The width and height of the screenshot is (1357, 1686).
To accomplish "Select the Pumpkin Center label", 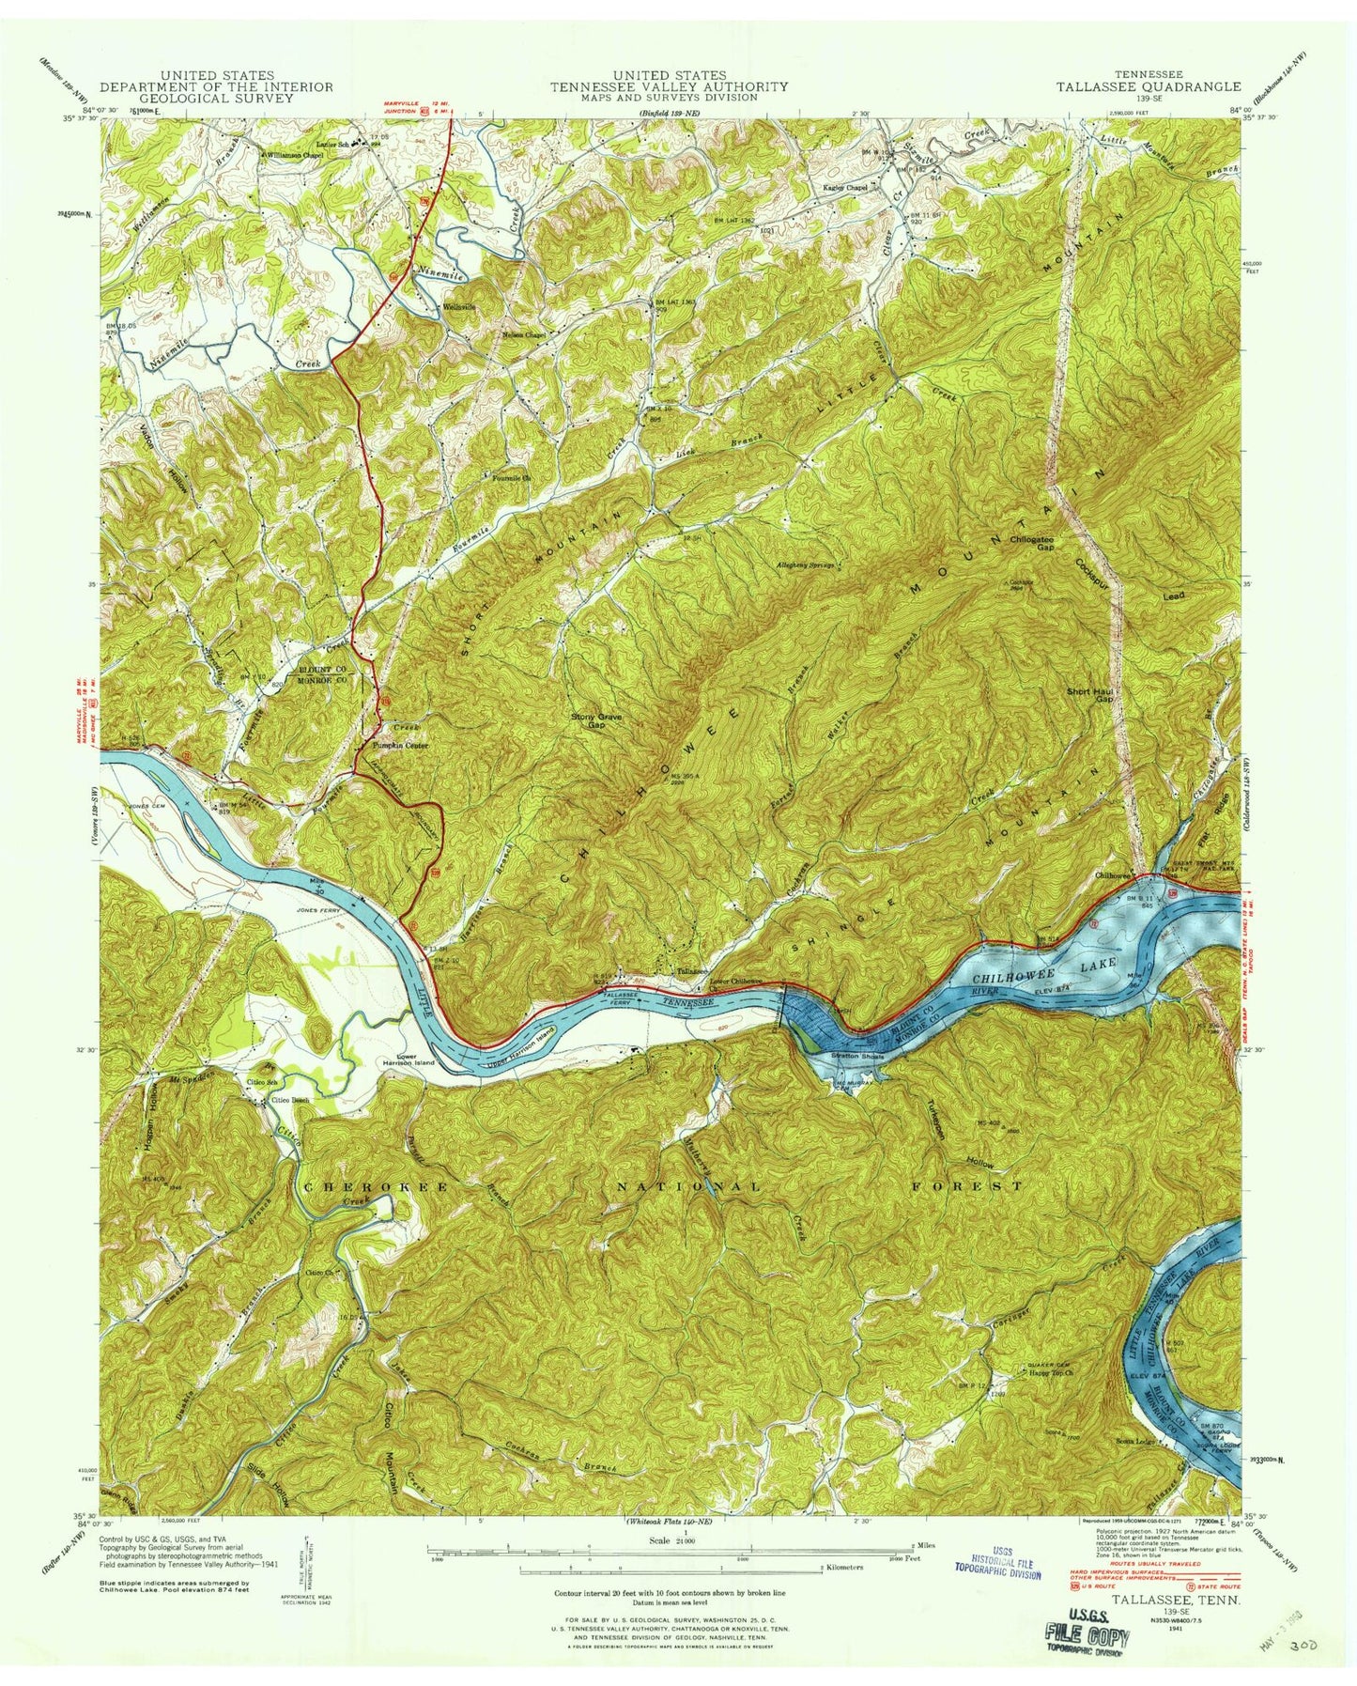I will tap(397, 746).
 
